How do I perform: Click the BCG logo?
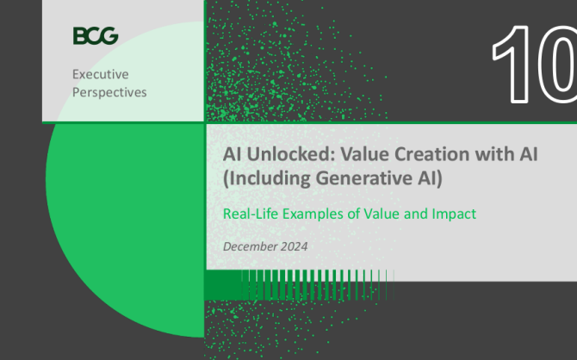96,35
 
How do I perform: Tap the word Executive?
101,74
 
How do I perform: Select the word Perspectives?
109,92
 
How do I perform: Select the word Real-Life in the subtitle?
251,214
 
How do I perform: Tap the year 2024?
294,246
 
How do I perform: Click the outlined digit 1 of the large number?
512,65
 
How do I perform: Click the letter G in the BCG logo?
109,35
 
